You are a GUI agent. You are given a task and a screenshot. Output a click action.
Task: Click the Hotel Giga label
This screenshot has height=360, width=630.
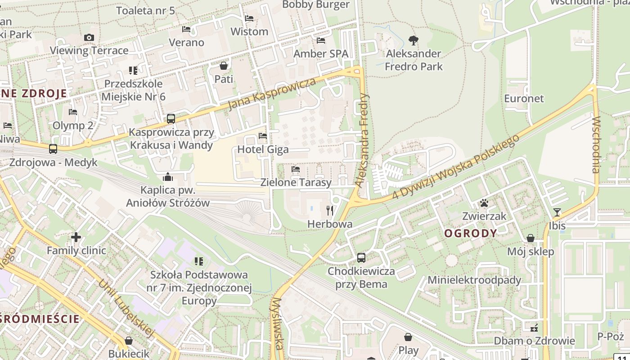click(263, 149)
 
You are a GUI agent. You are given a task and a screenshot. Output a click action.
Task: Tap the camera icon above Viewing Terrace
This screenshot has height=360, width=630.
click(89, 38)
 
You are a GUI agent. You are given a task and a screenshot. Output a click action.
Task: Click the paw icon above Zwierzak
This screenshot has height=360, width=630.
click(484, 203)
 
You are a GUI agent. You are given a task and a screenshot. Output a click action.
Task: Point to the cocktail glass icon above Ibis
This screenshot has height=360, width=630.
click(557, 212)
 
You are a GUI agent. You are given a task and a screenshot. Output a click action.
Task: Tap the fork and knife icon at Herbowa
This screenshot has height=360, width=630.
click(330, 210)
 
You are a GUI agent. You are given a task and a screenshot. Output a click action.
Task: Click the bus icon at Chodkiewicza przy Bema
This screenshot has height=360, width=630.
click(361, 258)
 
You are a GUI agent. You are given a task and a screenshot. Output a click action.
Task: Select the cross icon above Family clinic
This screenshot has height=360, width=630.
click(76, 237)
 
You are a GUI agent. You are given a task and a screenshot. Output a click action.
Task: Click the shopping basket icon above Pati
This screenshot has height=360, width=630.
click(224, 66)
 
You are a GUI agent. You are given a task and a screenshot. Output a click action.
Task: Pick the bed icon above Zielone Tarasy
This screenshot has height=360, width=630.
click(296, 169)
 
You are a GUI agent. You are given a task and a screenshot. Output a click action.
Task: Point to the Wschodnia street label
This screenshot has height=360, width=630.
click(596, 145)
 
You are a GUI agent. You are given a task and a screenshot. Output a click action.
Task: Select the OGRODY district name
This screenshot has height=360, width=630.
click(471, 233)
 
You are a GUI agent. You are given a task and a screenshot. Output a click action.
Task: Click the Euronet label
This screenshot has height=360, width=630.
click(524, 99)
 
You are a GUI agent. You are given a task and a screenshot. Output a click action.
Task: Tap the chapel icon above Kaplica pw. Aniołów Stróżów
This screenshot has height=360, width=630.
click(168, 177)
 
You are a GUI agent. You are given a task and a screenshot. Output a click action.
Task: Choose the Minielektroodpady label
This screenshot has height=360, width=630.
click(474, 280)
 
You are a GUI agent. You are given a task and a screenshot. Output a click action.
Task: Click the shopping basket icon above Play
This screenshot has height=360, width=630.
click(408, 337)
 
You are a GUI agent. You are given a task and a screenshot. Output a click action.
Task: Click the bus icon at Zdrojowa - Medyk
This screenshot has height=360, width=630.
click(53, 148)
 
